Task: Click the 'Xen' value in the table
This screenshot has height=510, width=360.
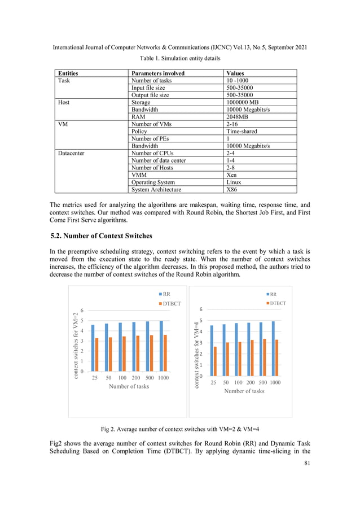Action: point(231,175)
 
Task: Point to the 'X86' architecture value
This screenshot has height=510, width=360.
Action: point(232,190)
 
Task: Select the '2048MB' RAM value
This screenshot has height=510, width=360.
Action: point(240,116)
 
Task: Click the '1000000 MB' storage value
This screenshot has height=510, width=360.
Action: point(244,102)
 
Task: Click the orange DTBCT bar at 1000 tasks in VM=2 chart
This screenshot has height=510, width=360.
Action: point(165,353)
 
